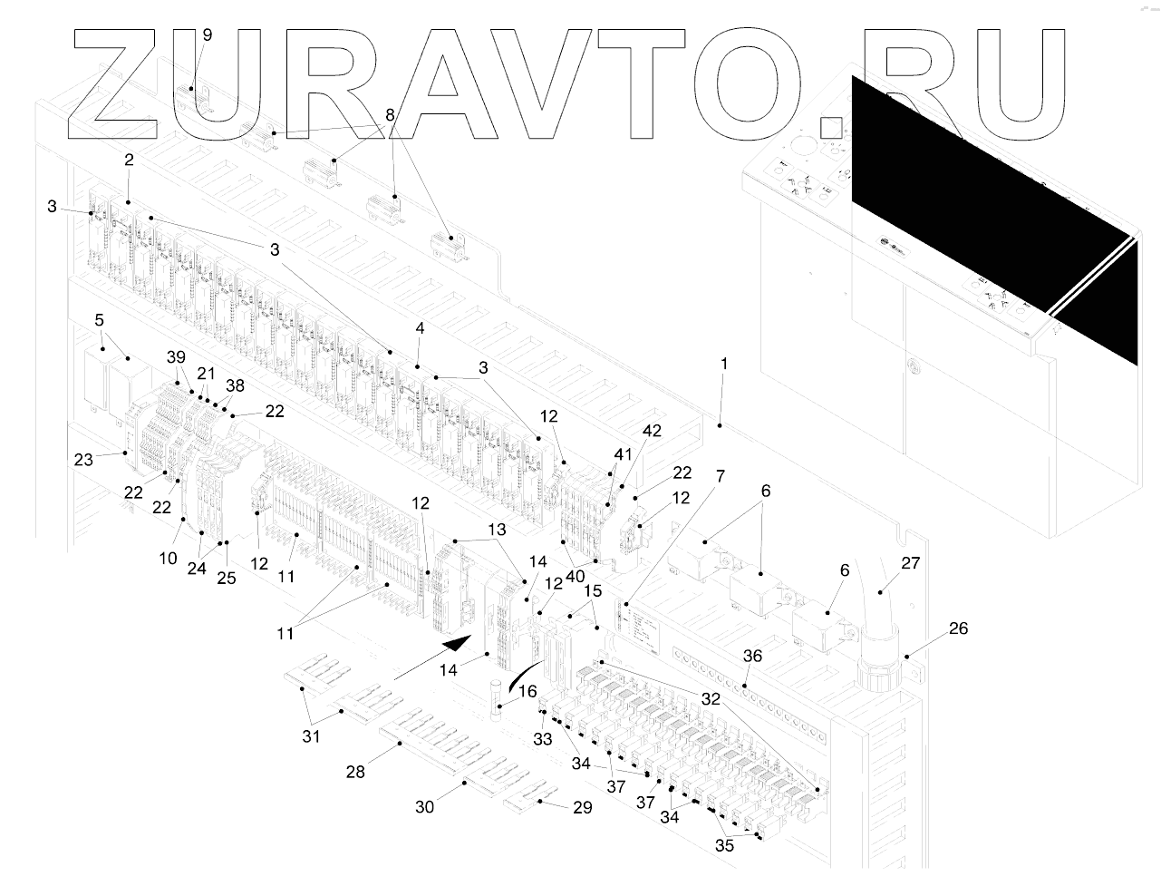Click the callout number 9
[208, 35]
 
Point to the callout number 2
[129, 160]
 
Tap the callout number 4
[420, 327]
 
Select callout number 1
[724, 364]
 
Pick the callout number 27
[910, 563]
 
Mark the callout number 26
[957, 628]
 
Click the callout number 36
[752, 656]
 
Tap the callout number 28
[355, 772]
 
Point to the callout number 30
[425, 805]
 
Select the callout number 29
[583, 807]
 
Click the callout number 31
[311, 736]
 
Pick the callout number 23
[83, 460]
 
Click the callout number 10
[169, 558]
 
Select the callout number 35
[724, 846]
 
